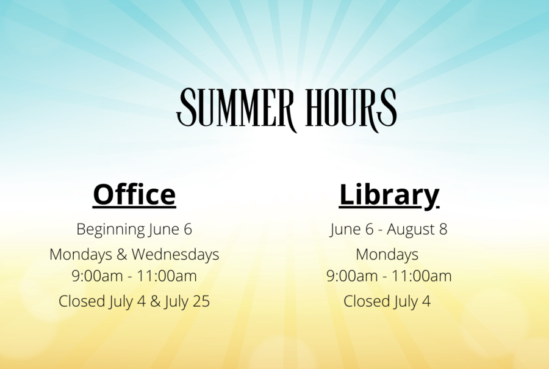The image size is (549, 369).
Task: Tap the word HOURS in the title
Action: point(351,108)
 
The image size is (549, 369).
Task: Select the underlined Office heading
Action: point(134,195)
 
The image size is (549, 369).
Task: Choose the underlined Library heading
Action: point(389,195)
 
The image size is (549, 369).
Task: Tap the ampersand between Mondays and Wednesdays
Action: point(121,255)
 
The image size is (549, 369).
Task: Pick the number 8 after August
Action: point(443,229)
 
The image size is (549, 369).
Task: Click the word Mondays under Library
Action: point(387,255)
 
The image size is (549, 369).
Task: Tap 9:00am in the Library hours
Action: point(352,276)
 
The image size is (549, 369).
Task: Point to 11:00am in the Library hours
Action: point(421,276)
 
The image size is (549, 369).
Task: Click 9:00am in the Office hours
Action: point(97,276)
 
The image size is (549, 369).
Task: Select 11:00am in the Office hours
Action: point(166,276)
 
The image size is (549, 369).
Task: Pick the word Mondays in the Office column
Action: point(81,255)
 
